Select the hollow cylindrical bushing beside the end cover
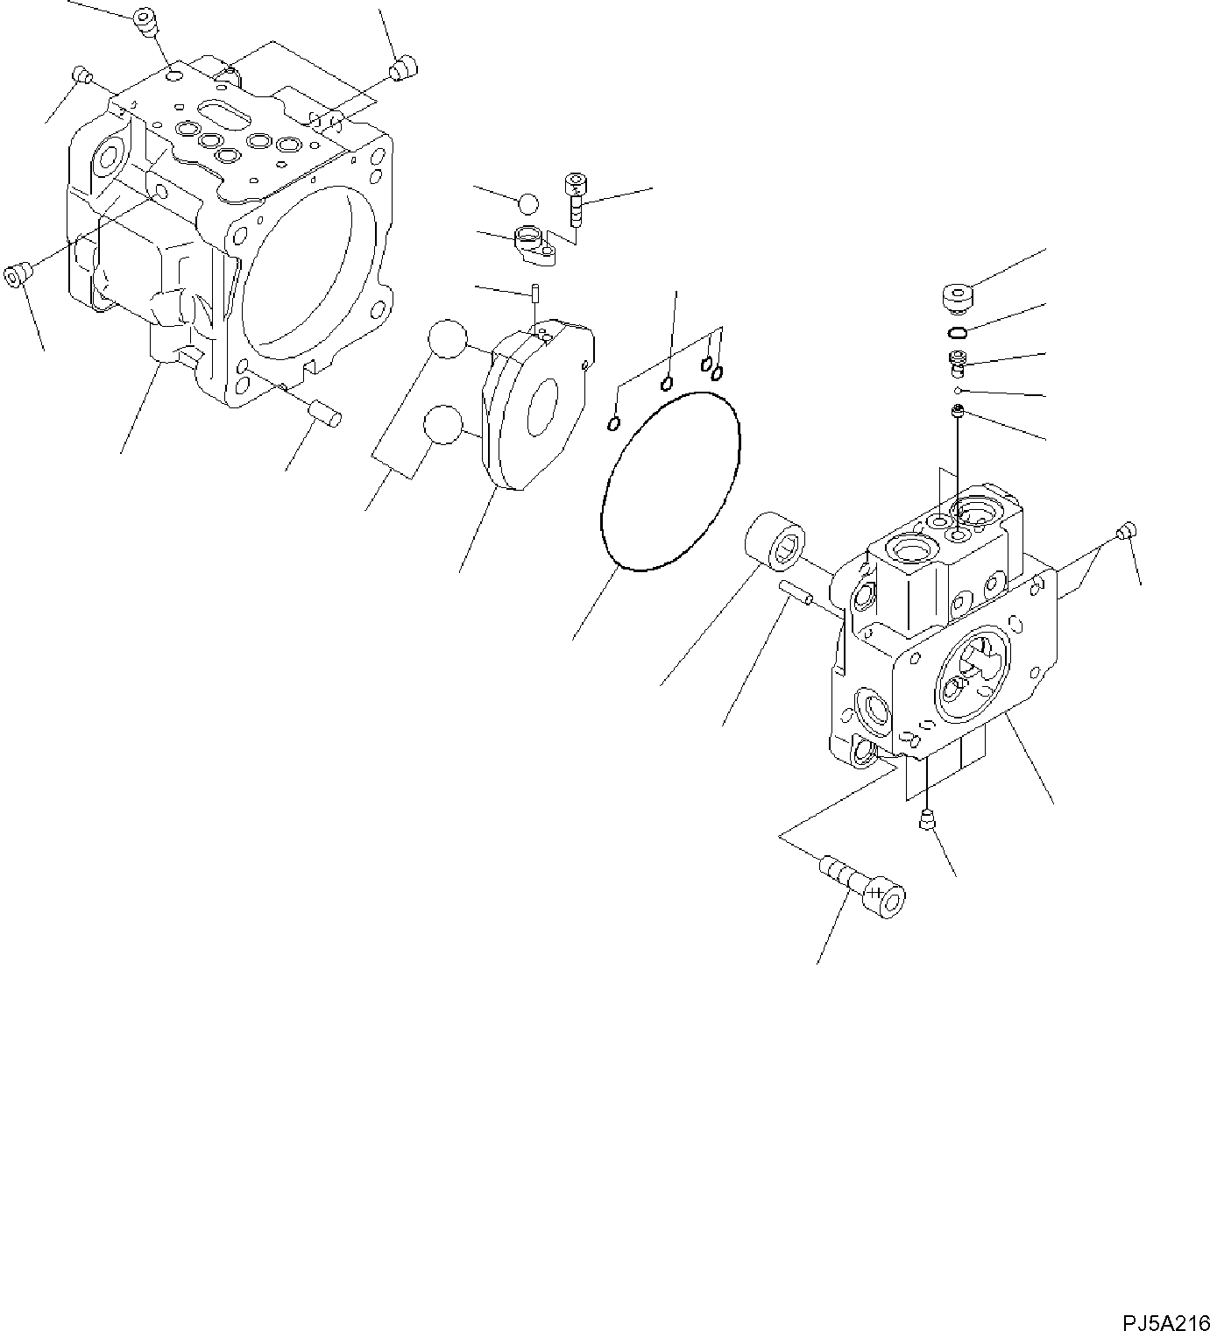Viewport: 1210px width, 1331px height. [776, 542]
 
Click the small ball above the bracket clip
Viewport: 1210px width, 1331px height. [528, 203]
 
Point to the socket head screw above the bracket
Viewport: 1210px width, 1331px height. [576, 196]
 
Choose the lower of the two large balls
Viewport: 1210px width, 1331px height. [442, 425]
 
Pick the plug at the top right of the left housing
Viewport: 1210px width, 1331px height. [405, 68]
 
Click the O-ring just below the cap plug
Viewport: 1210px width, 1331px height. [959, 332]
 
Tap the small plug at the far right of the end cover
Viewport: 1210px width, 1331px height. [1128, 529]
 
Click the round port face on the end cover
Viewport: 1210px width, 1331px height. [971, 679]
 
